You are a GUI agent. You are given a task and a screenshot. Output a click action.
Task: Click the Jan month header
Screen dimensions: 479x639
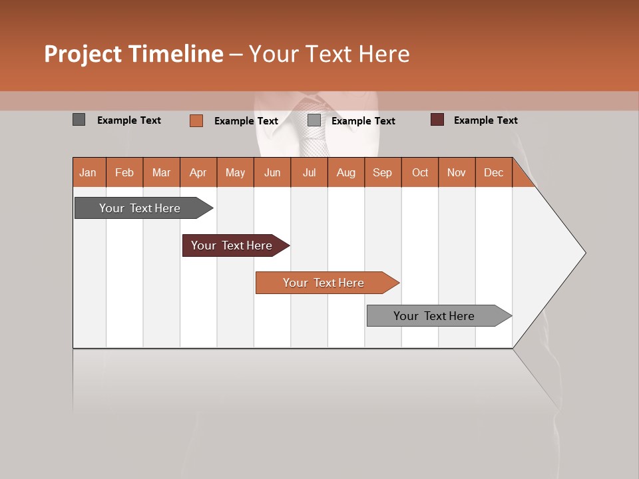point(88,172)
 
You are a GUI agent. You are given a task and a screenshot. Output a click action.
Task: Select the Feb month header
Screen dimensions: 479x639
point(124,172)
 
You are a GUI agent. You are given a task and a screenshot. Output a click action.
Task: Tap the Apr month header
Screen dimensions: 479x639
point(198,172)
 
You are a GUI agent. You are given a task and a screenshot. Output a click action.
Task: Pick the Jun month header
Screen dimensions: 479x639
point(272,172)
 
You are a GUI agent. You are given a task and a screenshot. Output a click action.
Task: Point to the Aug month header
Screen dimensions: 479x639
point(346,172)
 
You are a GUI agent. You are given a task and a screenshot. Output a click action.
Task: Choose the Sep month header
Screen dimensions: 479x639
point(382,172)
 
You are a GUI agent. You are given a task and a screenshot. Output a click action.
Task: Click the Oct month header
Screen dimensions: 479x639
point(420,172)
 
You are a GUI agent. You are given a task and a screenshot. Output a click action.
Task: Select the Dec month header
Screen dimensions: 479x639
point(493,172)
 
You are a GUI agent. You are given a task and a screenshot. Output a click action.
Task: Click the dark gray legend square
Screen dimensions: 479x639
point(79,120)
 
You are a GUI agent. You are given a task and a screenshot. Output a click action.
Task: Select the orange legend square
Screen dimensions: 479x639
point(196,120)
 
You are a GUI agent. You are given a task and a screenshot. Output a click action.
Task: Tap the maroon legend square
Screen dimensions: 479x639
point(437,120)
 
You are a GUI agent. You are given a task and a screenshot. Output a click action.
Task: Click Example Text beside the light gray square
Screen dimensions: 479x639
point(363,121)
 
